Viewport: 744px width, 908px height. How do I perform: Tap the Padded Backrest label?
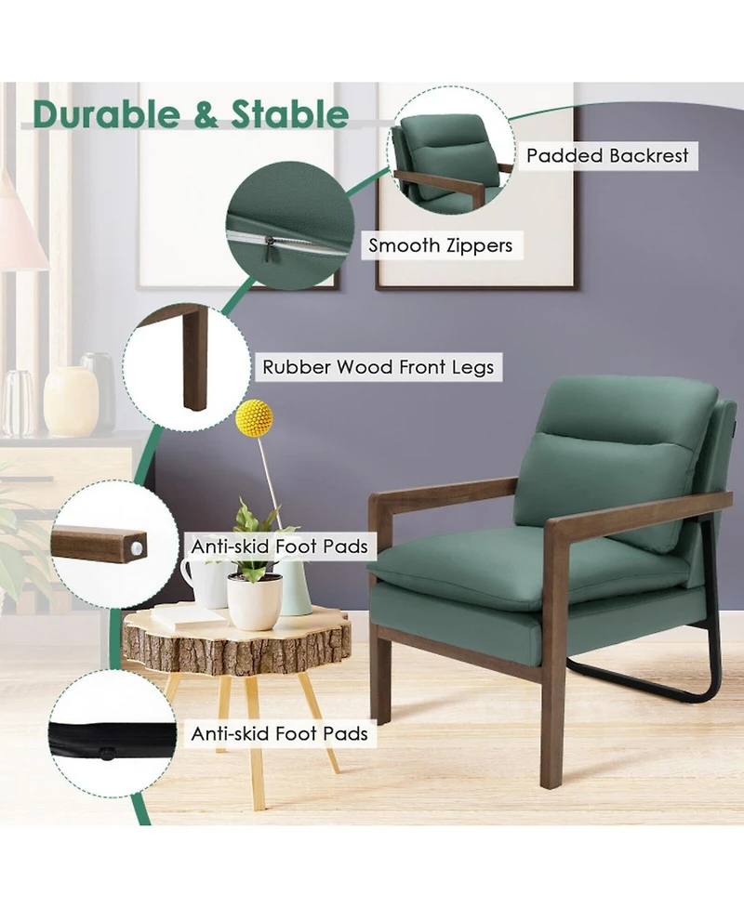pyautogui.click(x=607, y=155)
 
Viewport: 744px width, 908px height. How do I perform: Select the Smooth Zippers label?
pyautogui.click(x=440, y=245)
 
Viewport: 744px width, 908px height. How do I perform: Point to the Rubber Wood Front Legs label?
pyautogui.click(x=378, y=366)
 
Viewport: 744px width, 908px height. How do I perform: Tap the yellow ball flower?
pyautogui.click(x=253, y=417)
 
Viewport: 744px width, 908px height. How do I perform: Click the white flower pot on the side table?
pyautogui.click(x=254, y=600)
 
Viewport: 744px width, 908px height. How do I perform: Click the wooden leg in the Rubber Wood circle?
pyautogui.click(x=193, y=358)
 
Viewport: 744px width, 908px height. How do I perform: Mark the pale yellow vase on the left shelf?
pyautogui.click(x=71, y=400)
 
